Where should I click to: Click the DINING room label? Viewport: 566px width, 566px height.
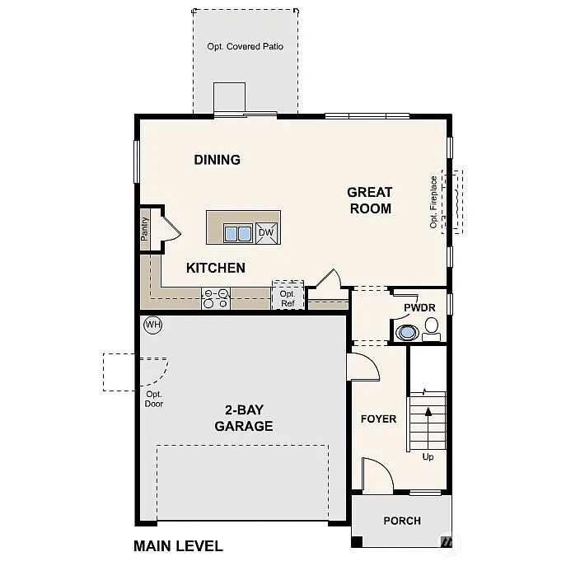coord(218,160)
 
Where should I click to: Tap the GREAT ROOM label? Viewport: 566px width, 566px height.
coord(370,200)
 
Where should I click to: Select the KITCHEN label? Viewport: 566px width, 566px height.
coord(215,268)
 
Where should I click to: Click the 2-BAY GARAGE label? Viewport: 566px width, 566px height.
coord(243,418)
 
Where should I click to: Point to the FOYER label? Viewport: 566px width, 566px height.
coord(378,419)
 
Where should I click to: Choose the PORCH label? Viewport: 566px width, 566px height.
coord(402,520)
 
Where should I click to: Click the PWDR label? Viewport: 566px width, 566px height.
coord(419,308)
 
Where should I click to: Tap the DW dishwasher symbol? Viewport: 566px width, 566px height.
coord(266,232)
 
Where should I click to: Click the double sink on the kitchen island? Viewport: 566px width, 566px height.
coord(239,233)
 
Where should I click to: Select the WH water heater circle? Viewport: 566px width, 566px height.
coord(152,325)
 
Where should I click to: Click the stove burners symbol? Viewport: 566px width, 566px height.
coord(216,298)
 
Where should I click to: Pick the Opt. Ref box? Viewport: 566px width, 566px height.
coord(288,298)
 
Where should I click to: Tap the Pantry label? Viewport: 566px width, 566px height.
coord(145,228)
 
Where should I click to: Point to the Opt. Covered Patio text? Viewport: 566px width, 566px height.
coord(245,47)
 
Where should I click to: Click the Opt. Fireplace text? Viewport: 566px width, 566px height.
coord(433,202)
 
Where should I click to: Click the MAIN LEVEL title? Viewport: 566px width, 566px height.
coord(178,545)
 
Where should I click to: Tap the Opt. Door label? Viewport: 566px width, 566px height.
coord(154,399)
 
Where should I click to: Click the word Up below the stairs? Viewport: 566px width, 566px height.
coord(428,456)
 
